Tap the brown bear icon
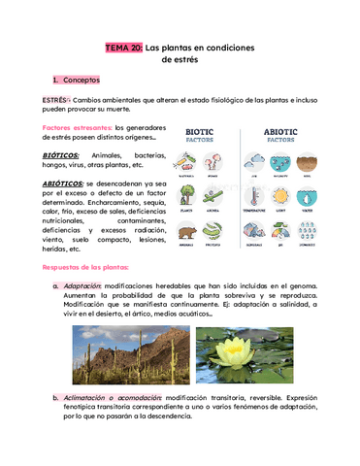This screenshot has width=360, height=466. point(186,232)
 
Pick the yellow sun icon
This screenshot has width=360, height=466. point(279,194)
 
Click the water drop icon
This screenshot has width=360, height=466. point(307,194)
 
